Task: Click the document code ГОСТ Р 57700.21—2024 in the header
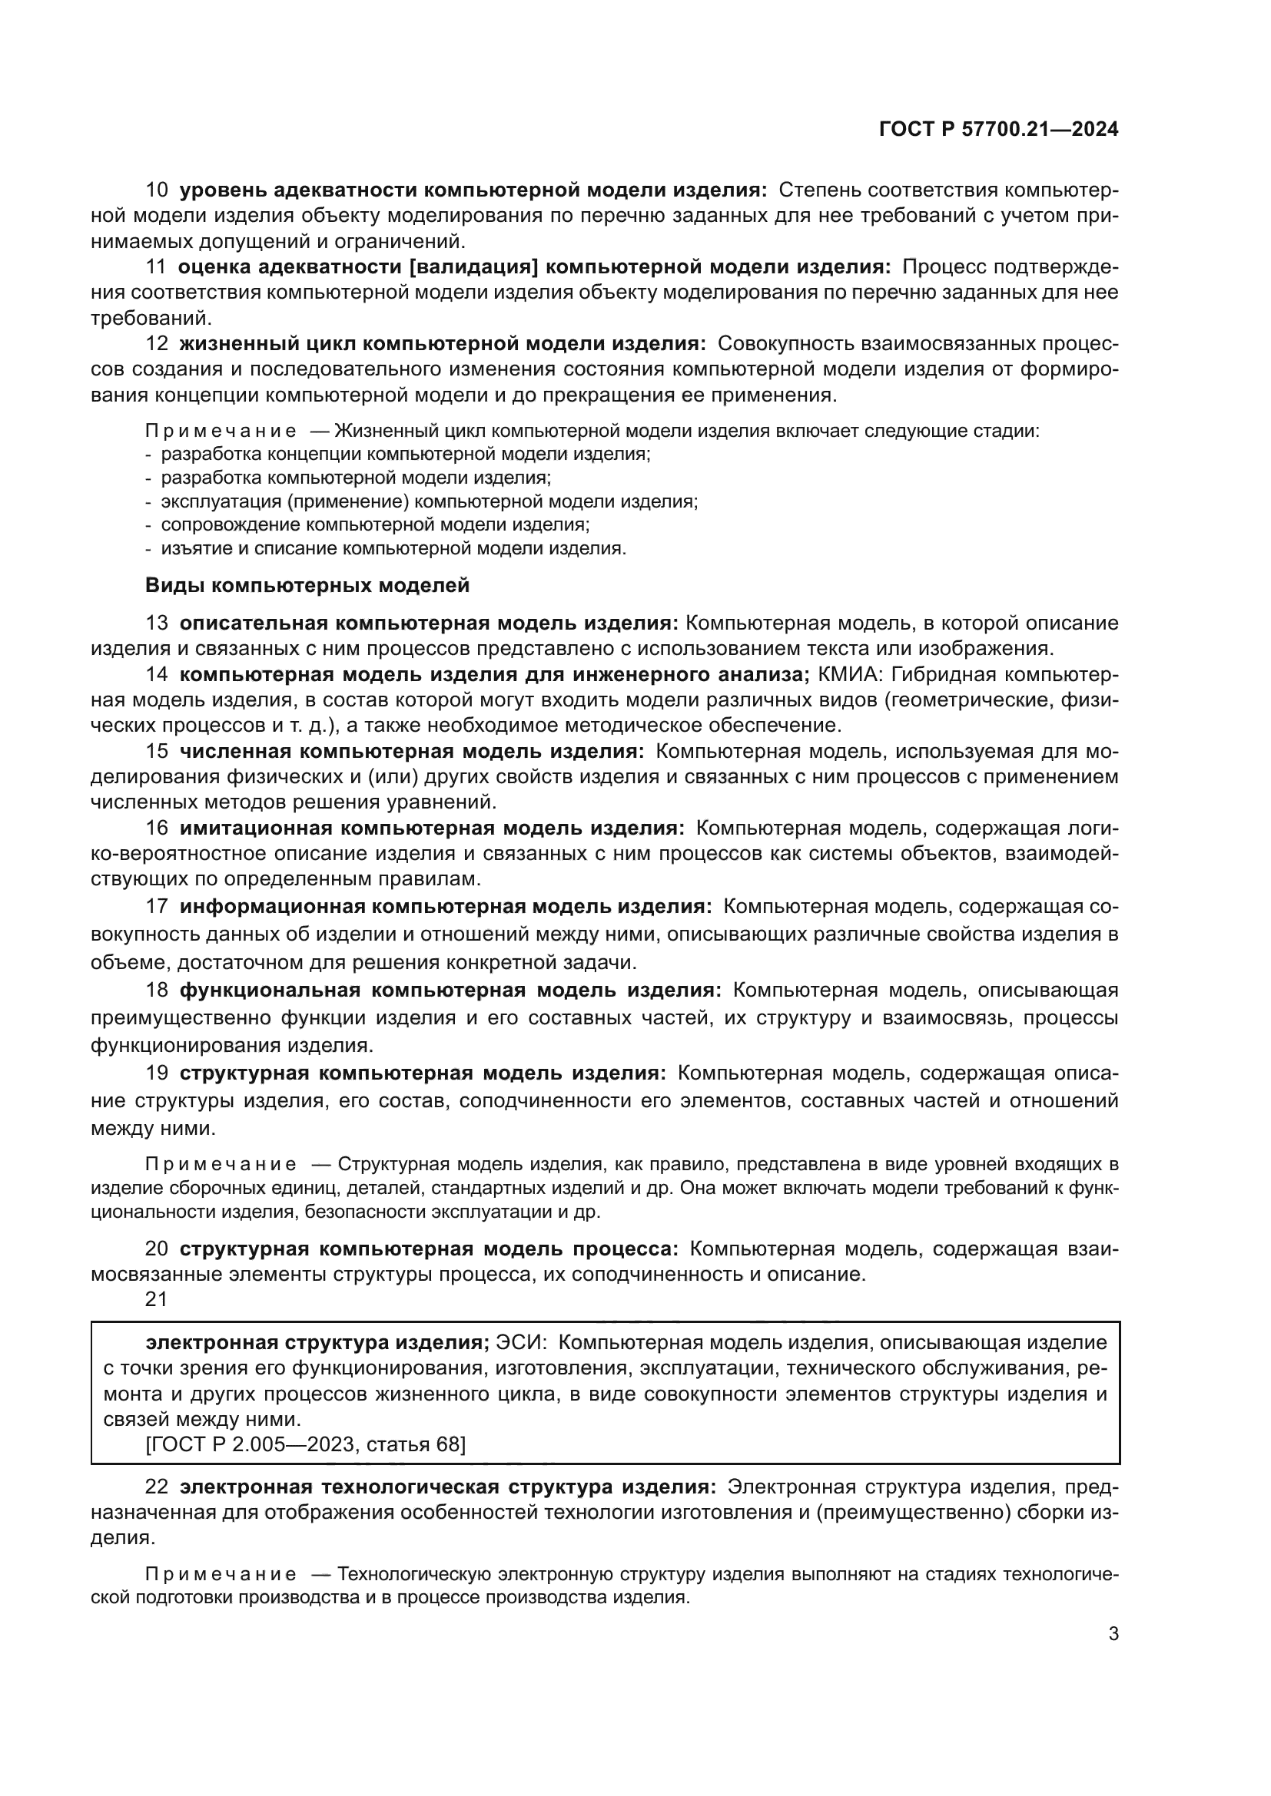[999, 130]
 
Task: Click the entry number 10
[157, 190]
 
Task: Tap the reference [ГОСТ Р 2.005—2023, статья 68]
[305, 1444]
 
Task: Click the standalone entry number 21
[157, 1299]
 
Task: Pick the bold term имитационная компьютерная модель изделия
[432, 829]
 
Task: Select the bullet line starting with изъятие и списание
[391, 548]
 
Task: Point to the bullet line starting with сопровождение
[374, 525]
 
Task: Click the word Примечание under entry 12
[221, 431]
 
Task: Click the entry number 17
[157, 907]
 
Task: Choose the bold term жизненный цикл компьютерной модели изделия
[442, 343]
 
